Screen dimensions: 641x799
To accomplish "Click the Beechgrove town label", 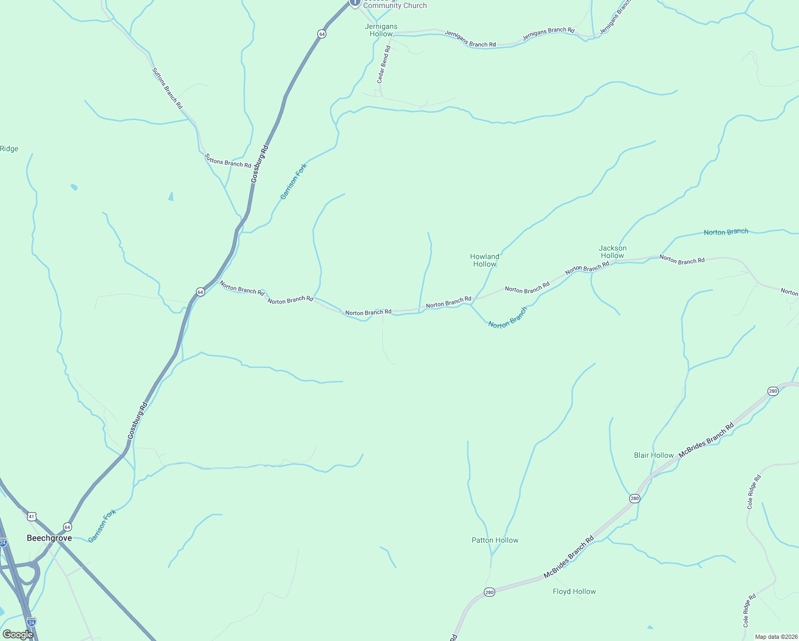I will [x=49, y=538].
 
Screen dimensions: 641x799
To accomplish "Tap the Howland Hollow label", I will [x=484, y=260].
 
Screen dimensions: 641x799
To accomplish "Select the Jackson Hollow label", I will [x=612, y=252].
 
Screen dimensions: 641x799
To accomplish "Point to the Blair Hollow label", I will [x=653, y=455].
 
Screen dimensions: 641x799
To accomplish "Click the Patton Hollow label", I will [x=495, y=540].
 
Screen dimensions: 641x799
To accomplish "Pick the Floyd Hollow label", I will [x=574, y=591].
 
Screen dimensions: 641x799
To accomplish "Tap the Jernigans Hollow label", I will [x=381, y=30].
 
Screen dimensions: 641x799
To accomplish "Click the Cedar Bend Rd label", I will [x=384, y=64].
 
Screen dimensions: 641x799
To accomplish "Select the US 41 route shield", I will [x=32, y=517].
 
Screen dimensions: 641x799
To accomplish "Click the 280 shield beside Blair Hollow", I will [x=634, y=498].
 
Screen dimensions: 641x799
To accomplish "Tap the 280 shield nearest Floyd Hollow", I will [x=489, y=592].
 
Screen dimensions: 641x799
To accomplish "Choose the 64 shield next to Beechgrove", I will [x=67, y=527].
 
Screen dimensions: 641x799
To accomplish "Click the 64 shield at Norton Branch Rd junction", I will [x=200, y=292].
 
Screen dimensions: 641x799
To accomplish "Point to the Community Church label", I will [x=395, y=6].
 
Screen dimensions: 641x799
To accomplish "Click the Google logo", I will [x=18, y=634].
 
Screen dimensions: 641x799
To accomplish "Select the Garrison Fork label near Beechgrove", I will [x=102, y=526].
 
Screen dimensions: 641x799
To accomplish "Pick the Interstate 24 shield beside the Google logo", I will [x=31, y=622].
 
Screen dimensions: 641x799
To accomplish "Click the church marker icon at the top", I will [x=355, y=3].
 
